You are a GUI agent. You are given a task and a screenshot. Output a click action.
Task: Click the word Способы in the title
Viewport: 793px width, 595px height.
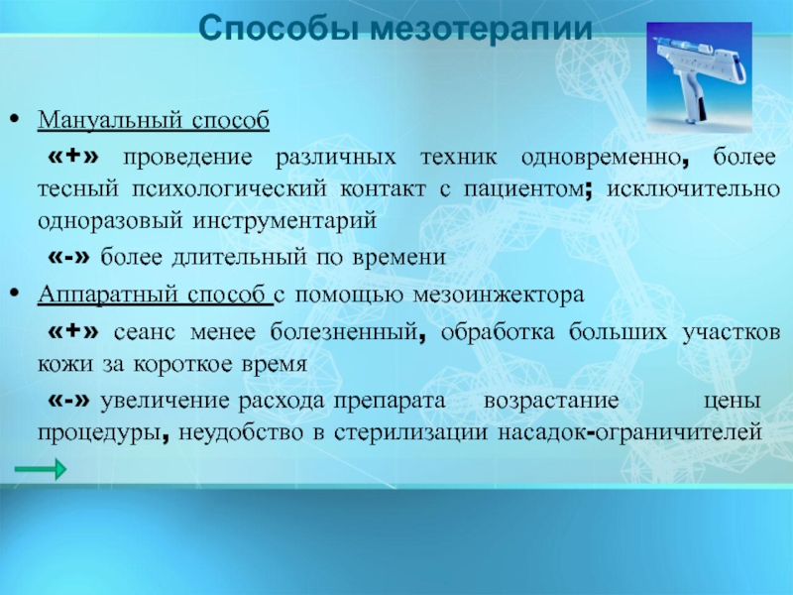[x=280, y=29]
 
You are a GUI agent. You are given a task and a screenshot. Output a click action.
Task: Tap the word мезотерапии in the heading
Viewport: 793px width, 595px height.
[x=481, y=30]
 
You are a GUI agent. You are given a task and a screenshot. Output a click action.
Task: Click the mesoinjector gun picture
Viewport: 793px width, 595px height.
[x=699, y=77]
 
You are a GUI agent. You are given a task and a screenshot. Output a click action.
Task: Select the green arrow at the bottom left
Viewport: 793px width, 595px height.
[x=41, y=469]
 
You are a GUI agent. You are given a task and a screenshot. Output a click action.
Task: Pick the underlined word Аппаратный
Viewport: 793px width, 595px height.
[x=107, y=295]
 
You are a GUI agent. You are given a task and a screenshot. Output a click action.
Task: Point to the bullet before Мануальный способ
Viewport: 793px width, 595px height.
[x=15, y=119]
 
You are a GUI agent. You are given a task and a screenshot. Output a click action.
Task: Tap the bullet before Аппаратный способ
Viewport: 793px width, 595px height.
[x=15, y=293]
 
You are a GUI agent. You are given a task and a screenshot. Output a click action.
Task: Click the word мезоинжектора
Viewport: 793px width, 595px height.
[x=499, y=295]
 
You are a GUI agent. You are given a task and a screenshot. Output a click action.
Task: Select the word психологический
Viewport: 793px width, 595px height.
[x=230, y=189]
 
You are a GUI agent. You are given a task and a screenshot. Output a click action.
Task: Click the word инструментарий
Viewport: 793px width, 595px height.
[x=284, y=221]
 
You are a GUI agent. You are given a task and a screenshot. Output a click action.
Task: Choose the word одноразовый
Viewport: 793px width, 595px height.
[x=110, y=221]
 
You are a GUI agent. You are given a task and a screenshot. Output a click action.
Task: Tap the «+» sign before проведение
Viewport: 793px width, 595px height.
[x=73, y=156]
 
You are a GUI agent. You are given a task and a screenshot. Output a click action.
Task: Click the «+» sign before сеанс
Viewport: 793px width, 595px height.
[x=73, y=331]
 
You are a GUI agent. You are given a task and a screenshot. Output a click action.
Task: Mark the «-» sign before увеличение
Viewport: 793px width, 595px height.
[x=68, y=401]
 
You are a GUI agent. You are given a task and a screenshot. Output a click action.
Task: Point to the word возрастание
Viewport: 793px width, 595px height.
[x=551, y=401]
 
